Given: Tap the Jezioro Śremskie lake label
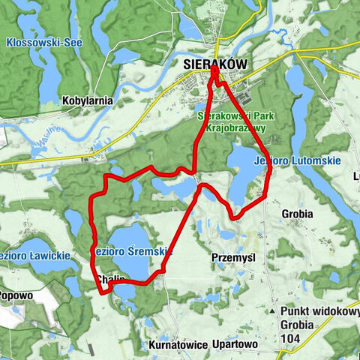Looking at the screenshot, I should point(133,252).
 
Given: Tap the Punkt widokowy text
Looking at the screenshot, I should point(319,311).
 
